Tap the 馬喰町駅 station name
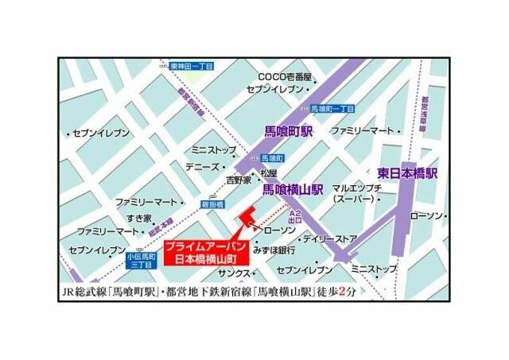tap(289, 129)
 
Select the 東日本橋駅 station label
tap(407, 172)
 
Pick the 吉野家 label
tap(238, 180)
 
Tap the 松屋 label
tap(269, 173)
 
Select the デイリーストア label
tap(330, 238)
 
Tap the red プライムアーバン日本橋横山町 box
tap(201, 253)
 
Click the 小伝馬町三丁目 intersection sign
tap(139, 261)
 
